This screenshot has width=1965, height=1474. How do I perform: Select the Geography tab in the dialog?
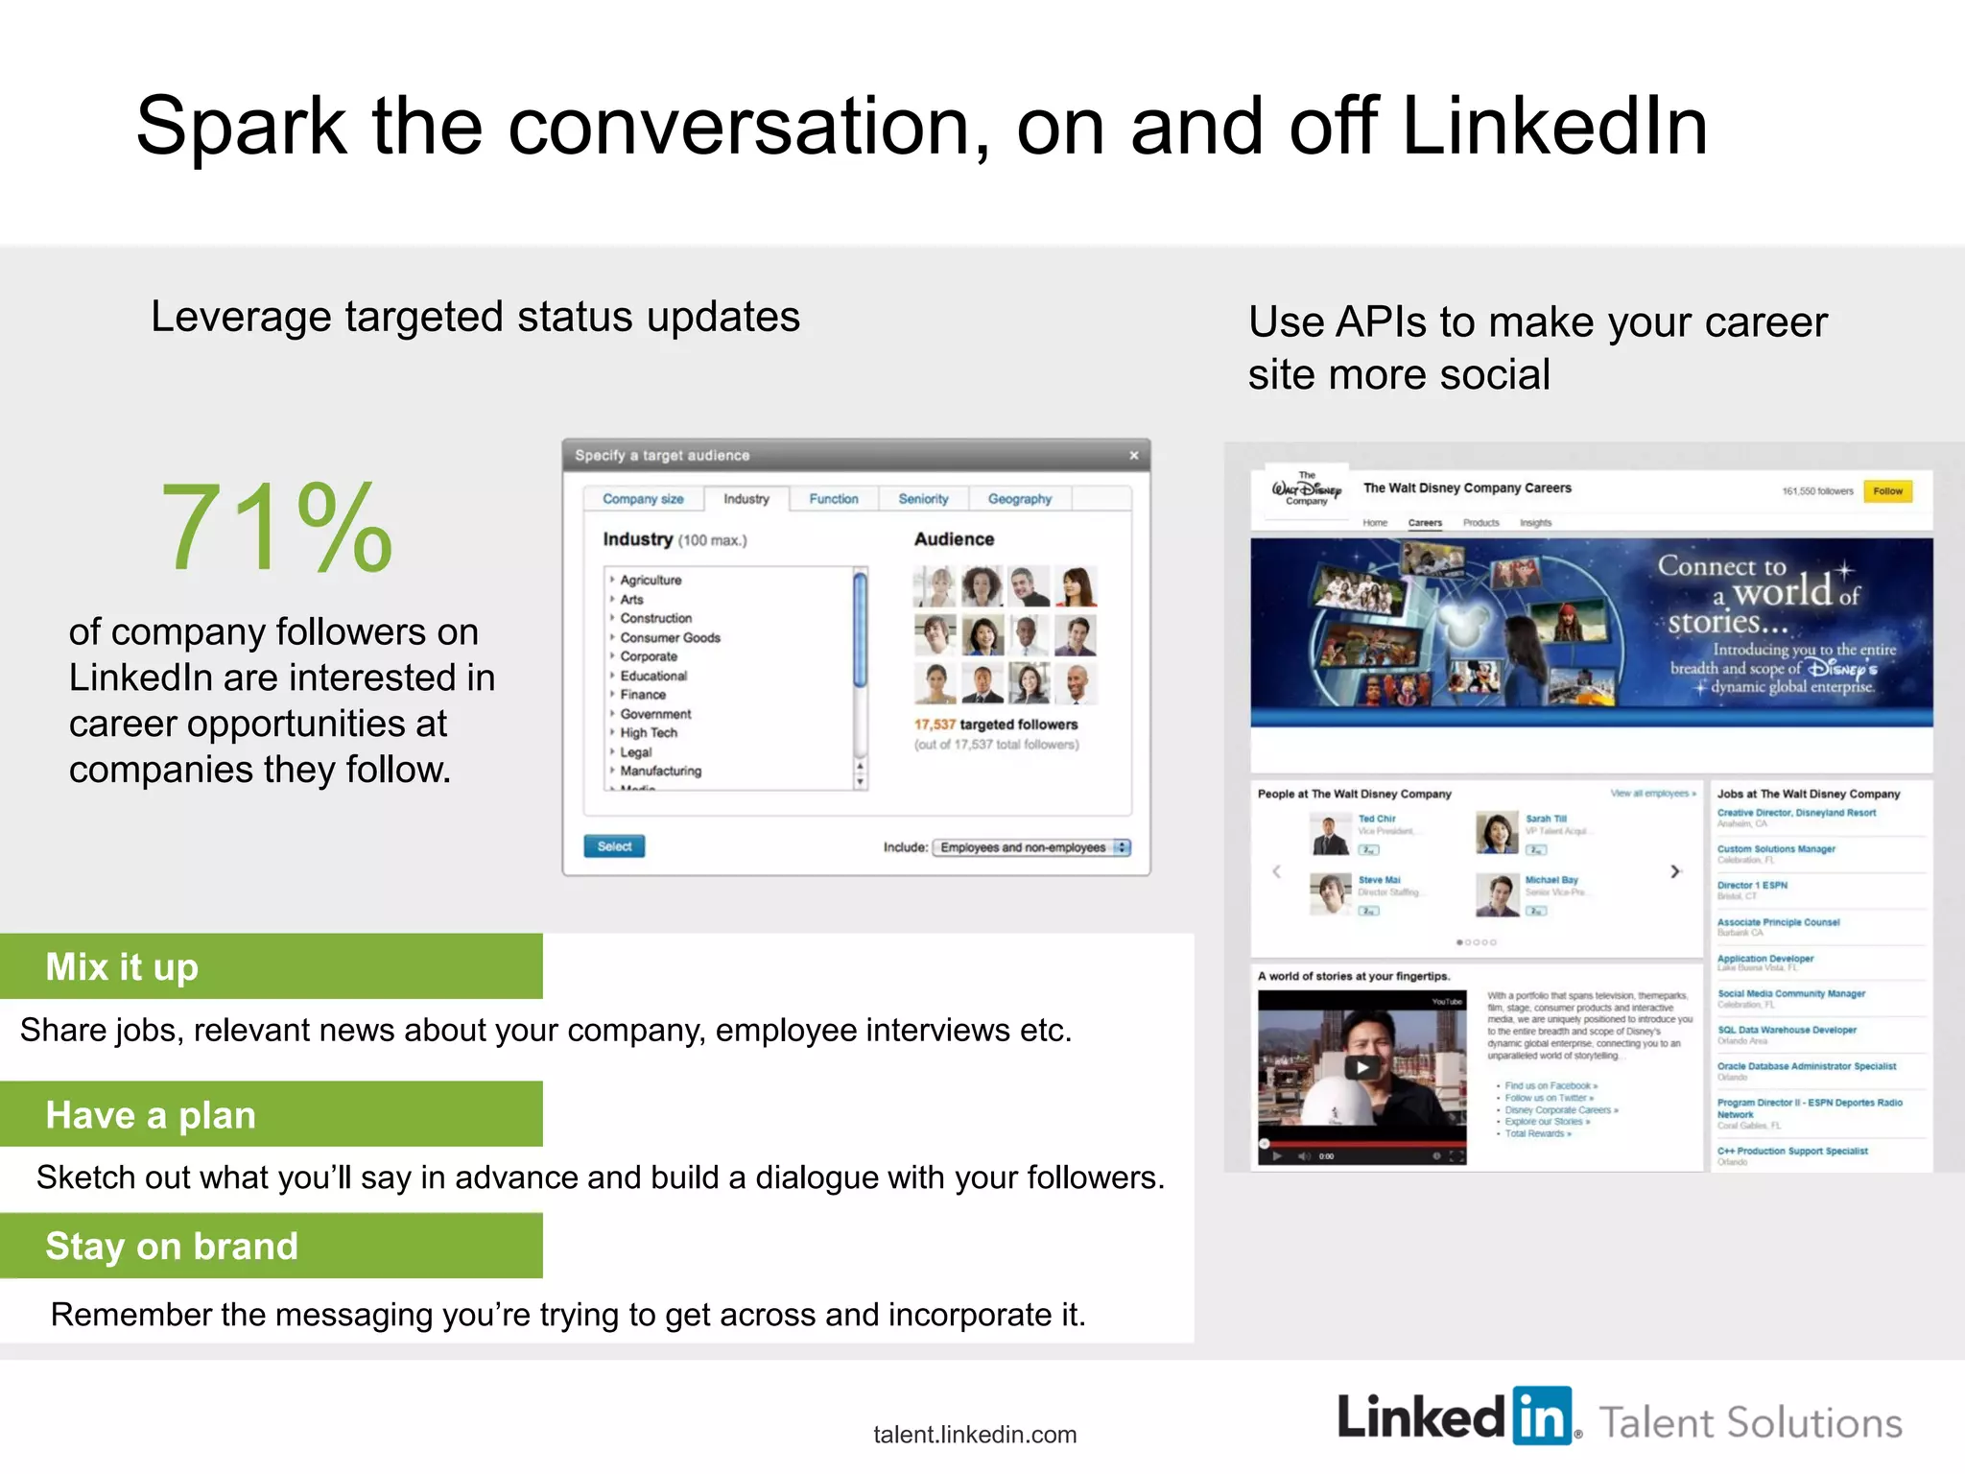coord(1019,499)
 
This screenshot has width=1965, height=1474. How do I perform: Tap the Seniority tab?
coord(923,499)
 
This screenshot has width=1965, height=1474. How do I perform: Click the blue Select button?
coord(614,846)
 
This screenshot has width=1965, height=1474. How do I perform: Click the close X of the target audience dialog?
coord(1133,456)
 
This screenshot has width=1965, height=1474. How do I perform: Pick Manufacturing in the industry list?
coord(660,771)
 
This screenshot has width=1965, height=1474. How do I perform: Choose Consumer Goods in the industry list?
coord(670,637)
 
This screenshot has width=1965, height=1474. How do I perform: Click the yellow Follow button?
coord(1887,491)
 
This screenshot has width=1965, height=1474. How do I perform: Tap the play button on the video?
coord(1361,1067)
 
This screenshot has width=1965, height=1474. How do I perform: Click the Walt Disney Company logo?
coord(1306,488)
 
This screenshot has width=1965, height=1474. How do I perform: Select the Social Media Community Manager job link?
coord(1790,994)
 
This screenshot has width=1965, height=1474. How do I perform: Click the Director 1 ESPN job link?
coord(1752,885)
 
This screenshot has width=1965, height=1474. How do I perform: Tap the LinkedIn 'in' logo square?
coord(1542,1415)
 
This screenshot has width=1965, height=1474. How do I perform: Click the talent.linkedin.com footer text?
coord(975,1435)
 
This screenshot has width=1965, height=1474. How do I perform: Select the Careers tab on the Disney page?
coord(1425,523)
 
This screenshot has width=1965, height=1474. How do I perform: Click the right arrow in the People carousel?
coord(1675,871)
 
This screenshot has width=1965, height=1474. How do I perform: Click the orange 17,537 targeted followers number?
coord(935,725)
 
